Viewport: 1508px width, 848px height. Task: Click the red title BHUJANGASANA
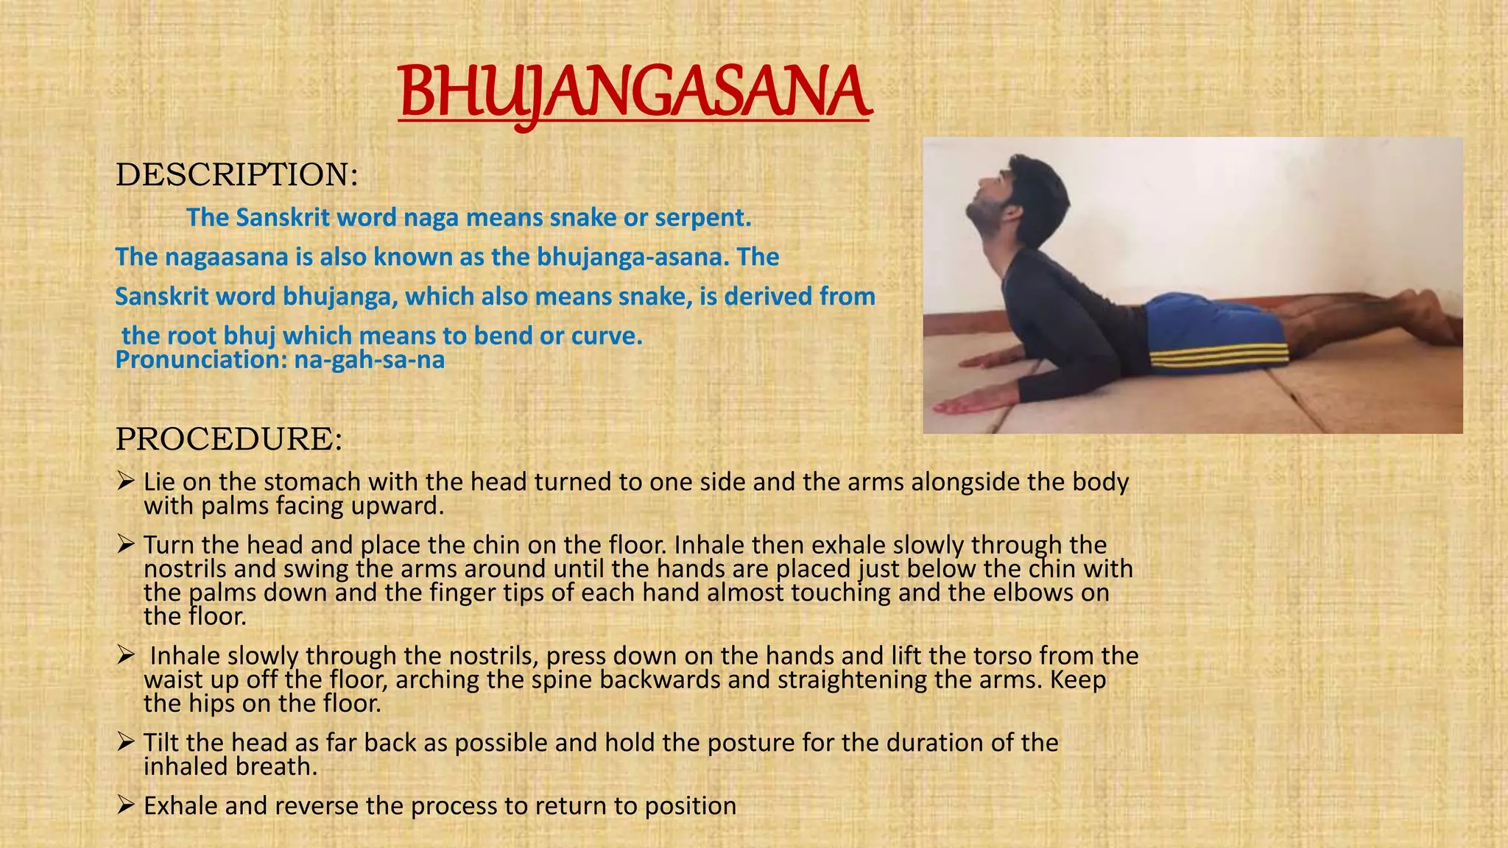coord(635,94)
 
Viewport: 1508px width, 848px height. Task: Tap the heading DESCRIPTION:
coord(236,174)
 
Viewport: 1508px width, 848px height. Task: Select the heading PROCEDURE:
coord(229,439)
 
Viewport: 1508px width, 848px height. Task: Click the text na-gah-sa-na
coord(370,360)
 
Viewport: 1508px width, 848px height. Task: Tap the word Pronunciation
coord(201,360)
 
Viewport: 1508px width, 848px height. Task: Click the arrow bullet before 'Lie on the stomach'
coord(125,481)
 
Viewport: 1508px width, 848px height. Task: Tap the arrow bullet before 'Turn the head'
coord(125,545)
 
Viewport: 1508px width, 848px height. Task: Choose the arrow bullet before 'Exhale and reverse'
coord(125,805)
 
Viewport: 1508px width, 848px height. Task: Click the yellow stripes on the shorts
coord(1219,357)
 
